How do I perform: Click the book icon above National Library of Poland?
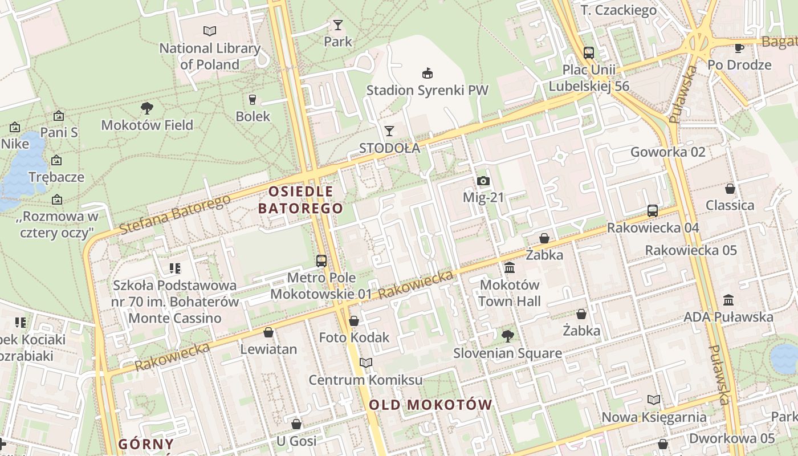point(210,31)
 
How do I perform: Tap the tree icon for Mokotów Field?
point(147,108)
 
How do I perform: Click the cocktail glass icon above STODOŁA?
point(389,131)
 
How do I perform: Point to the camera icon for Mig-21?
point(483,181)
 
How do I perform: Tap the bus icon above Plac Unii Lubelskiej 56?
point(588,53)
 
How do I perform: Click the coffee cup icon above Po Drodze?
point(739,48)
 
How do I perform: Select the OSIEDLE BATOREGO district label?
point(300,199)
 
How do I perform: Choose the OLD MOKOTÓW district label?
point(430,405)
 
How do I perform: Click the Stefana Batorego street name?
point(175,214)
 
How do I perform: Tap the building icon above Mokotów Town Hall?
point(510,267)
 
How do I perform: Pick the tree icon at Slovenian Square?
point(507,336)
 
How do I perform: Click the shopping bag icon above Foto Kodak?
point(354,321)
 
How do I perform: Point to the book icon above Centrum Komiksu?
point(366,363)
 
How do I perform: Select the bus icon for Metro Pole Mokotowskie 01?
point(321,261)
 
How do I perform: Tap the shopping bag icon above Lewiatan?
point(268,332)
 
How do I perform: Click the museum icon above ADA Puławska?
point(728,300)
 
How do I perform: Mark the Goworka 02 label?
point(667,152)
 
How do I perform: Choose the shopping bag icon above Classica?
point(730,189)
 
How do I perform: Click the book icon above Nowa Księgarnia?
point(654,400)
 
